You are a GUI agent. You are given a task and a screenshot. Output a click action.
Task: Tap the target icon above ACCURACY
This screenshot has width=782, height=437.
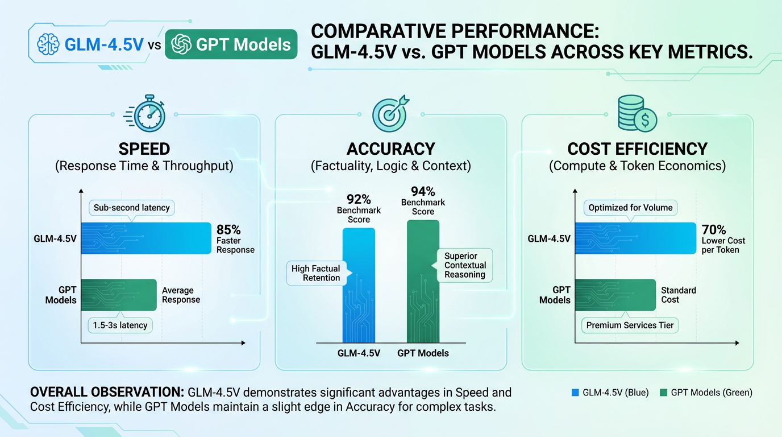(389, 113)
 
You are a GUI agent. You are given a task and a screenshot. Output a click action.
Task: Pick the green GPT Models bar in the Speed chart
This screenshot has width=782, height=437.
(119, 295)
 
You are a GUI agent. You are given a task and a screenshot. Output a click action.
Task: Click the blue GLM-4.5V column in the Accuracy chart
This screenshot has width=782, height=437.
(359, 285)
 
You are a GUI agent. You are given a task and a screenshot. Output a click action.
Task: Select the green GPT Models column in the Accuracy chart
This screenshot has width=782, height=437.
(423, 282)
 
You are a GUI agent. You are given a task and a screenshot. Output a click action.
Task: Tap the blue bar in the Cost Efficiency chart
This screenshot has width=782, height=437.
(635, 238)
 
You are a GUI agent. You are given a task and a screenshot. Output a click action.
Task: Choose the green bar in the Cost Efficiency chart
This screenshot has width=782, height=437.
(615, 294)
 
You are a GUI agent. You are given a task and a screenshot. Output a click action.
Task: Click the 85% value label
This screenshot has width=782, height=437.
(228, 230)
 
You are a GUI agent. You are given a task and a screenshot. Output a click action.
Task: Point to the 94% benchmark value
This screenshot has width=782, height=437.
(423, 191)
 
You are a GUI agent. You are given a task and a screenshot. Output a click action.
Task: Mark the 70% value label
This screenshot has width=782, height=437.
(714, 230)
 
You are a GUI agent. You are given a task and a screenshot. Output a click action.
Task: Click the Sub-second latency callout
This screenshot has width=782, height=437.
(132, 208)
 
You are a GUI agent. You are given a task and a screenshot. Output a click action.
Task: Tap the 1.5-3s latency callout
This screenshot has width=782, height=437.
(120, 325)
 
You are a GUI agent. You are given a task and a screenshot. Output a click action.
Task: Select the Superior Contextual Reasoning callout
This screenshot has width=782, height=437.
(465, 265)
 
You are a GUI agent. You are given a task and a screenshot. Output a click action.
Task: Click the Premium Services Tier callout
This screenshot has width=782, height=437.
(630, 325)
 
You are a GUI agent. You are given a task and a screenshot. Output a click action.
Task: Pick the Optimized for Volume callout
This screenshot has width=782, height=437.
(630, 208)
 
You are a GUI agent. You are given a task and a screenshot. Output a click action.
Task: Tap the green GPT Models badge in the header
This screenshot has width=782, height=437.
(231, 44)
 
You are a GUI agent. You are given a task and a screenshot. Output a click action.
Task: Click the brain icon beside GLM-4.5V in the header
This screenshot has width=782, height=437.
(48, 44)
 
